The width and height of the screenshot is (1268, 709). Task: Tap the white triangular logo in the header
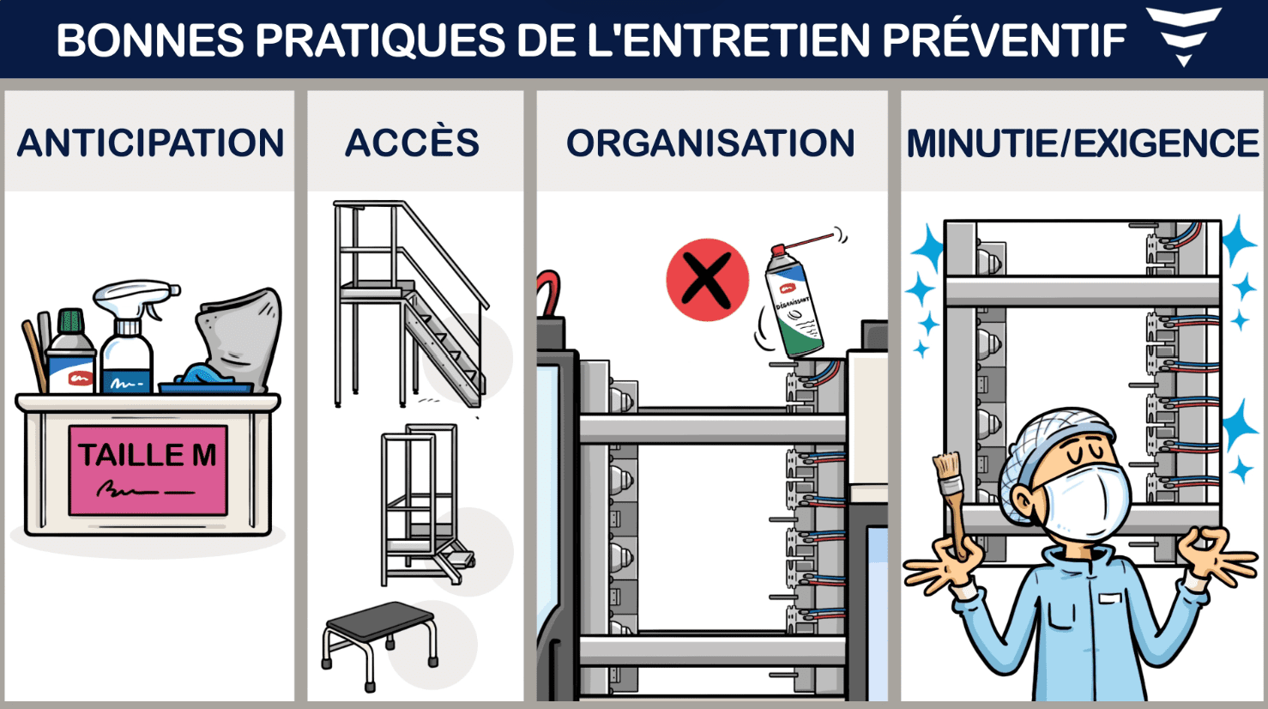(1183, 35)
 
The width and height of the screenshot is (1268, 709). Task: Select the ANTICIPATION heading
(150, 142)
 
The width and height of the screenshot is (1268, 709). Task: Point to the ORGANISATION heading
(710, 142)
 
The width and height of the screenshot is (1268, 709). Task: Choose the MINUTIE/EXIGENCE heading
(1083, 143)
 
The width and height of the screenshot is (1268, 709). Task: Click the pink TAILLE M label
(148, 470)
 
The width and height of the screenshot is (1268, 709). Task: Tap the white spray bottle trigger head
(136, 298)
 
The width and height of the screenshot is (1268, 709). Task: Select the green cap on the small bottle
(70, 321)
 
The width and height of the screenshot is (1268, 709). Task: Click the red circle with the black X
(707, 280)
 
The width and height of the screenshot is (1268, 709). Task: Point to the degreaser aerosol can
(794, 300)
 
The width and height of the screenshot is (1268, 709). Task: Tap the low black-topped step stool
(379, 645)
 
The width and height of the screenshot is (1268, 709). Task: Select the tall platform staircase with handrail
(410, 304)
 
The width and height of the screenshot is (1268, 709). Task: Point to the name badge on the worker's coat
(1110, 598)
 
